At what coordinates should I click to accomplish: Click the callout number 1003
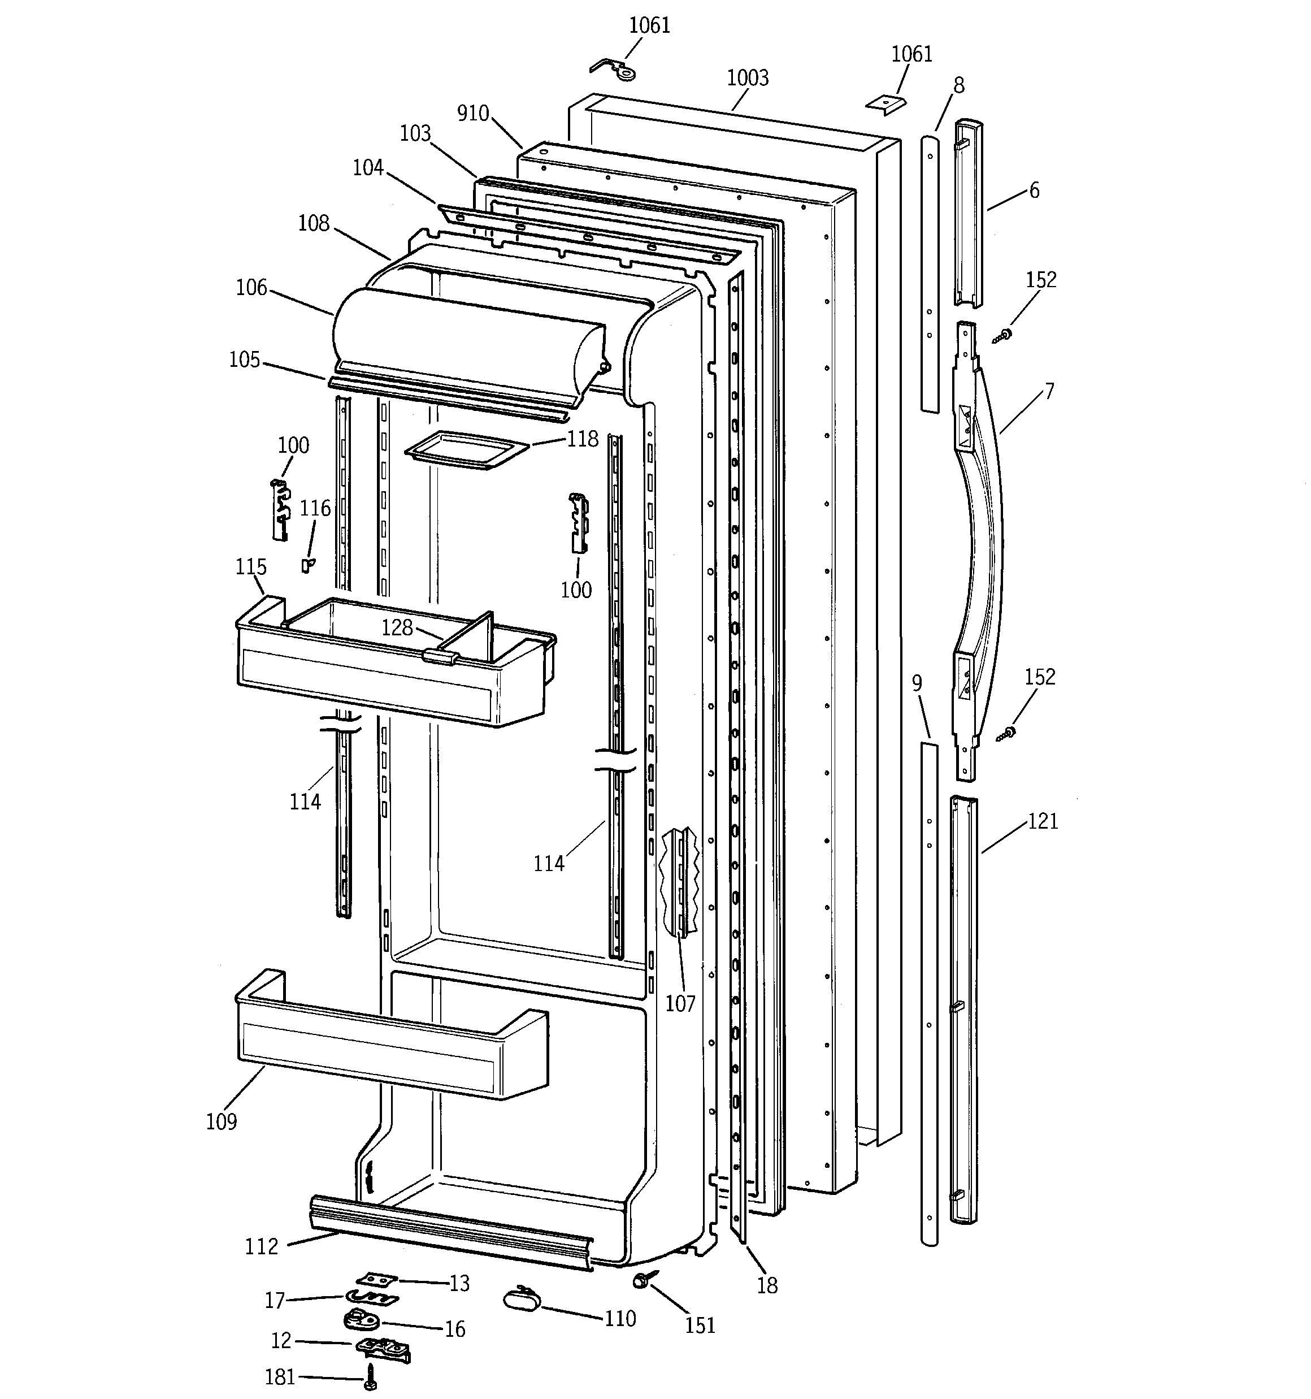748,78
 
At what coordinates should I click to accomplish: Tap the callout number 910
472,113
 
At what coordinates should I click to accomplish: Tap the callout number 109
221,1121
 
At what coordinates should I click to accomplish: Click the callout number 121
1043,821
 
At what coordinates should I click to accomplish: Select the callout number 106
251,288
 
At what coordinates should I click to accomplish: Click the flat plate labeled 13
376,1279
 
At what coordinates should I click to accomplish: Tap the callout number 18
767,1286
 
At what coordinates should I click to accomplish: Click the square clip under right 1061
885,103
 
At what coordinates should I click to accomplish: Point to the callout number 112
261,1247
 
